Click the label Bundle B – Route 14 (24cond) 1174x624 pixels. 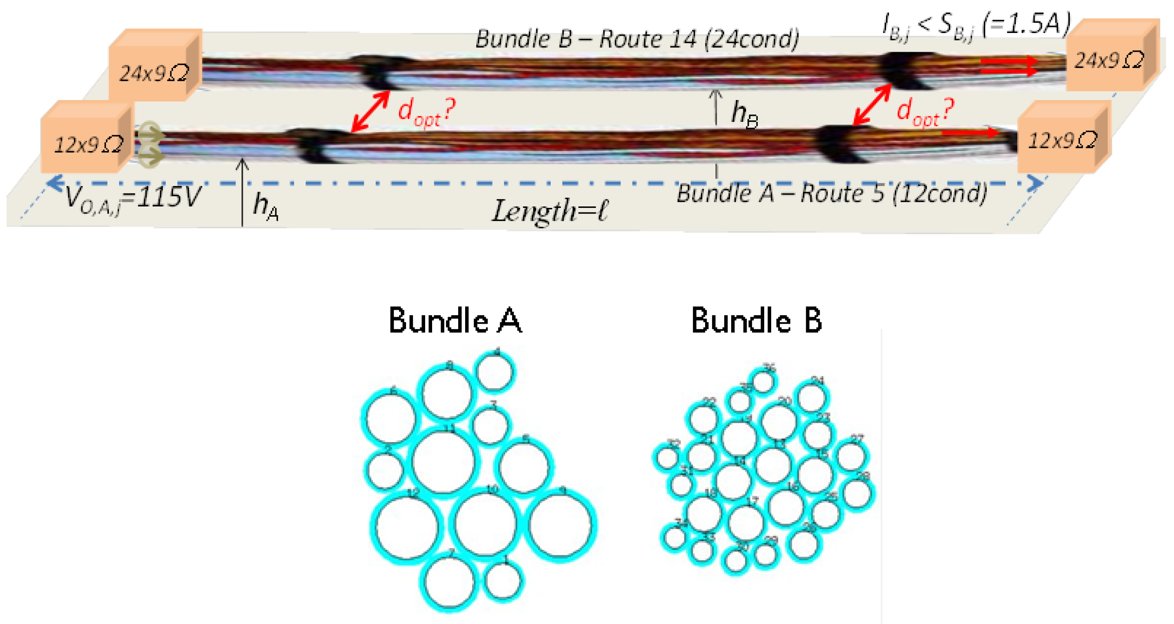pyautogui.click(x=636, y=39)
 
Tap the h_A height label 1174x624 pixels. pyautogui.click(x=265, y=206)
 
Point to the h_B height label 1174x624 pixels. pyautogui.click(x=744, y=114)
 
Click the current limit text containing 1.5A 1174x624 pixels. pyautogui.click(x=977, y=26)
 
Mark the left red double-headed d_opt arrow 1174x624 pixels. pyautogui.click(x=370, y=111)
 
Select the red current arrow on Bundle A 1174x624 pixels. pyautogui.click(x=970, y=133)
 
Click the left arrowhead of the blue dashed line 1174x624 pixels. pyautogui.click(x=56, y=183)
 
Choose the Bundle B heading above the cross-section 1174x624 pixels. pyautogui.click(x=756, y=321)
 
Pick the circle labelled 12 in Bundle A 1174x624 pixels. pyautogui.click(x=407, y=528)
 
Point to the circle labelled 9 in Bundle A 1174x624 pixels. pyautogui.click(x=562, y=525)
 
